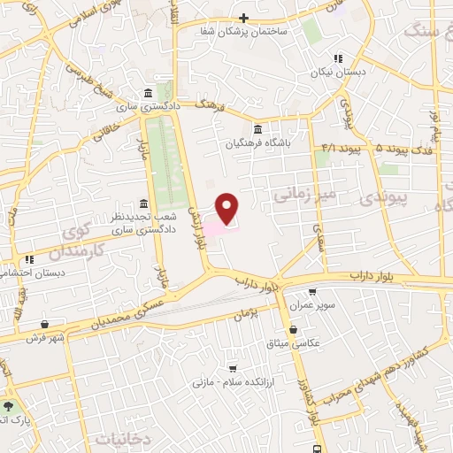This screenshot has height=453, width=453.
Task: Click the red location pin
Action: [x=227, y=208]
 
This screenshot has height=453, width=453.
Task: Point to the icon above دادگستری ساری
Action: [x=147, y=93]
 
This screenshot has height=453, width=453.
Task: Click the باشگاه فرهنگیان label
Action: [x=257, y=141]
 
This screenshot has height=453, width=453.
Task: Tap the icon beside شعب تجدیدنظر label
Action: [x=143, y=203]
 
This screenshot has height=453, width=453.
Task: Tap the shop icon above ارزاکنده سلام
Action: [x=233, y=368]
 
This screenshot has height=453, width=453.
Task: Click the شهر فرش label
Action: [x=41, y=338]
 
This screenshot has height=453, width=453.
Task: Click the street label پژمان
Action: [x=241, y=313]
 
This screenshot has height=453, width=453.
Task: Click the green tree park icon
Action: [x=9, y=406]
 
